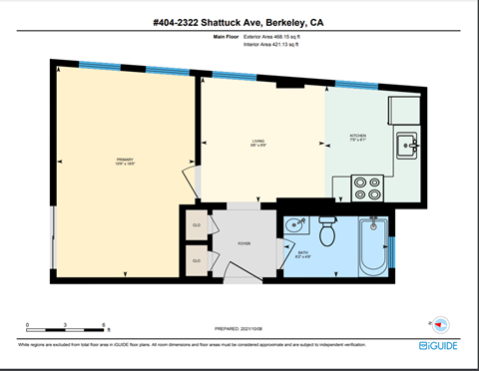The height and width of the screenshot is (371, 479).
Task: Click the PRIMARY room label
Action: (125, 159)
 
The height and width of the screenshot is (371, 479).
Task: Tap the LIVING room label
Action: (257, 142)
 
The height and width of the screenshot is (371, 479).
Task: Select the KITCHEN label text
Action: (358, 136)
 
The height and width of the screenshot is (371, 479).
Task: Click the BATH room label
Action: (303, 253)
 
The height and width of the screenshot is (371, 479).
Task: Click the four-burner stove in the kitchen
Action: (368, 186)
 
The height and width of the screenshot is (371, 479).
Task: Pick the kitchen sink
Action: (407, 146)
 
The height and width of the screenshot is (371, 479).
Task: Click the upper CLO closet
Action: (196, 225)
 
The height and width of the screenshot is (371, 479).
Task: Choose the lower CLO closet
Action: (196, 261)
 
